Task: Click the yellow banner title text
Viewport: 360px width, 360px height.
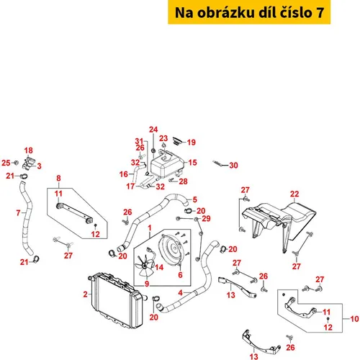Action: click(249, 12)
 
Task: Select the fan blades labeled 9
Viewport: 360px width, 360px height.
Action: click(143, 265)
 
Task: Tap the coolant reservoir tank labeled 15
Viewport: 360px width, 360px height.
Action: click(166, 163)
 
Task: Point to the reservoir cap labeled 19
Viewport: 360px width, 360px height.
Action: click(179, 141)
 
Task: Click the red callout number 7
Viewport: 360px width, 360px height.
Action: click(18, 212)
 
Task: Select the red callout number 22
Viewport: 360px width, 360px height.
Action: click(294, 194)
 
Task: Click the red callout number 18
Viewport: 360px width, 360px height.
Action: click(28, 150)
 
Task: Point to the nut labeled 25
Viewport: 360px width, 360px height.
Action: click(17, 163)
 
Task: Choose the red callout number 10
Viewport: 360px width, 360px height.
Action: click(354, 319)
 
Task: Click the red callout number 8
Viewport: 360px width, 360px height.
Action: click(58, 179)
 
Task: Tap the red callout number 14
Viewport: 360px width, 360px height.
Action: click(159, 267)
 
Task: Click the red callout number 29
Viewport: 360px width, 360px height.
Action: click(206, 218)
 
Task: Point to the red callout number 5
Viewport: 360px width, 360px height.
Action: click(195, 199)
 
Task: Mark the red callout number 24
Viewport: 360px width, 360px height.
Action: click(153, 130)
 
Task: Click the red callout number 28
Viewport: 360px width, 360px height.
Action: click(183, 181)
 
